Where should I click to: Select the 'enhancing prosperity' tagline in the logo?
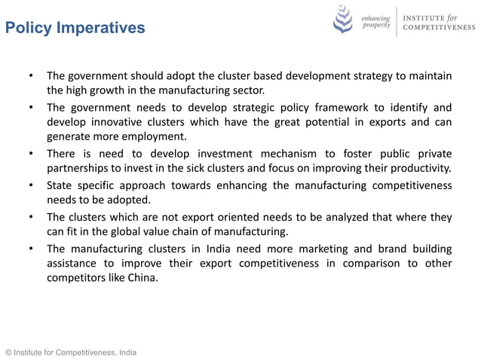pos(375,21)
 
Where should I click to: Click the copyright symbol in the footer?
pos(8,352)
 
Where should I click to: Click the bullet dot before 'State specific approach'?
pos(31,185)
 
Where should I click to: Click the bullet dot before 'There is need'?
pos(31,154)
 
